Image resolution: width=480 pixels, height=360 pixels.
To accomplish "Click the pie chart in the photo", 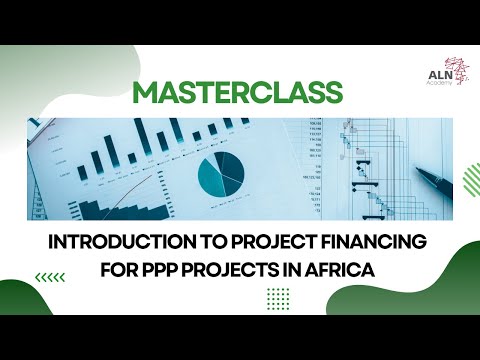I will click(x=220, y=173).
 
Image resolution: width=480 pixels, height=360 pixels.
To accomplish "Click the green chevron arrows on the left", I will click(x=49, y=277).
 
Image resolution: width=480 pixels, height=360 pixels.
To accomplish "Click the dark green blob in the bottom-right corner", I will click(x=445, y=310).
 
